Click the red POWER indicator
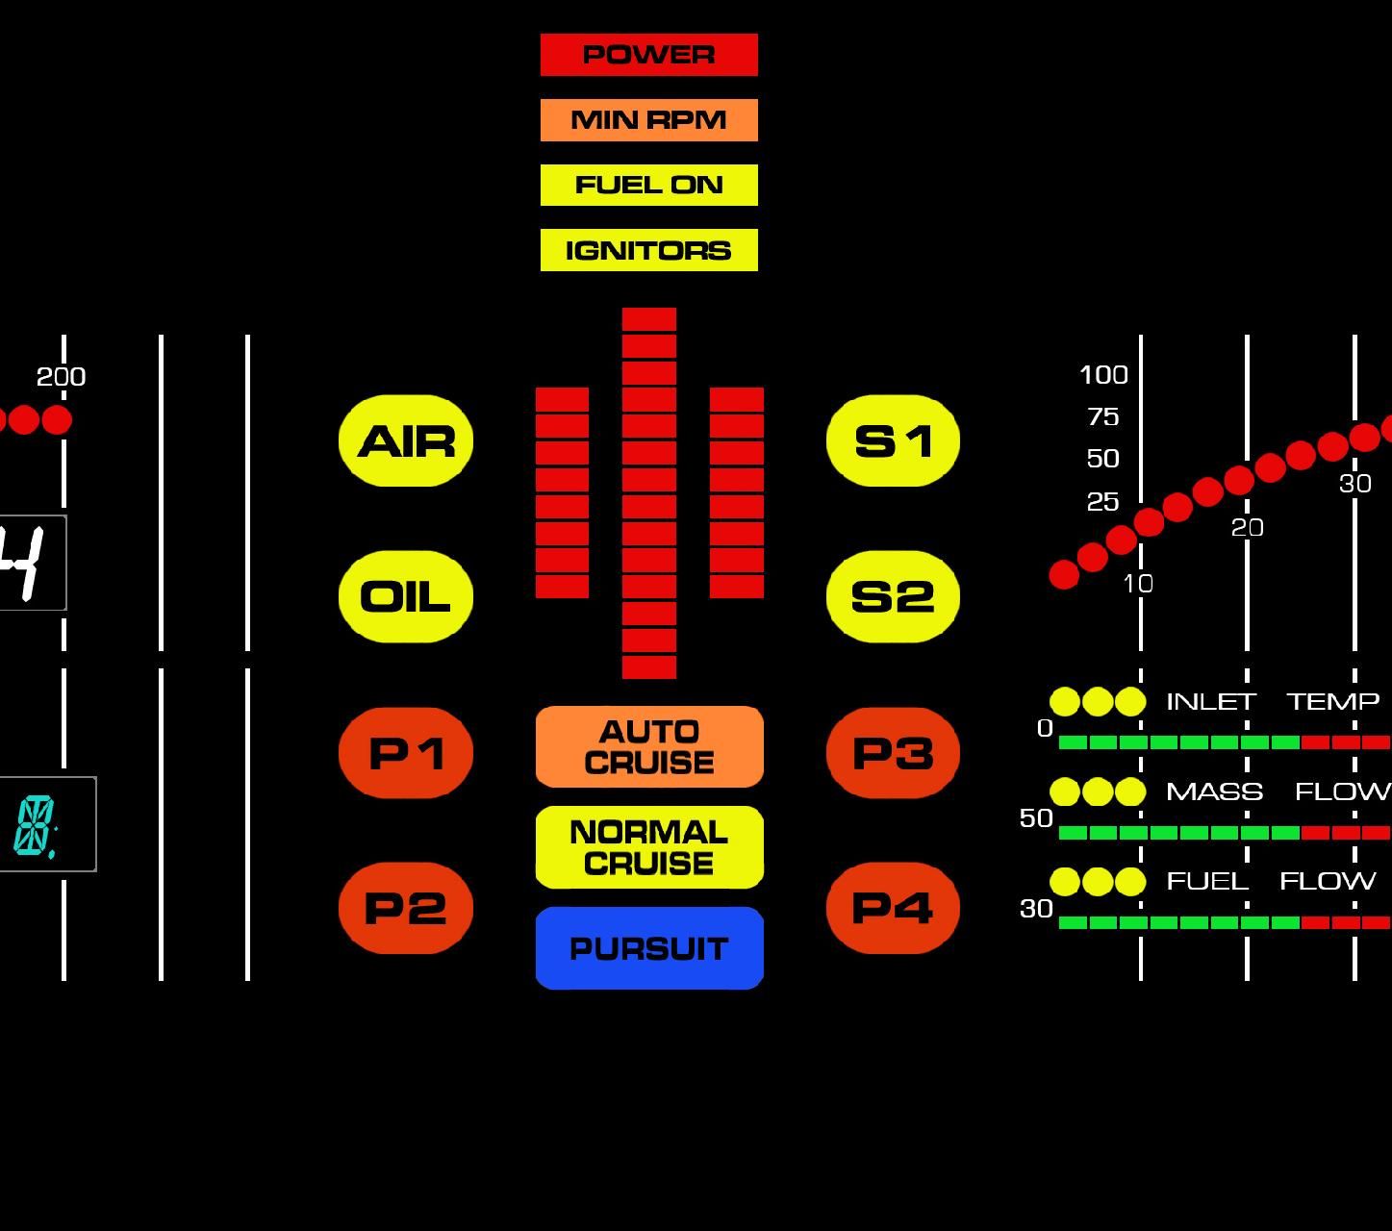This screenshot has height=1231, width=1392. point(648,55)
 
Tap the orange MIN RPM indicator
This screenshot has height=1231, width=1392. point(648,120)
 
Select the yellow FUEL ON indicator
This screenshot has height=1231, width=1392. point(648,185)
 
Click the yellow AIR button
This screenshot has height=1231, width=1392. point(406,441)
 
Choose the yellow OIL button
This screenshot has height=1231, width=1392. point(406,597)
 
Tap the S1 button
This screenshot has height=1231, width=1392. point(893,441)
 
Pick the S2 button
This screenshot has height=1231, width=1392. point(893,597)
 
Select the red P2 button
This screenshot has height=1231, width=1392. point(406,908)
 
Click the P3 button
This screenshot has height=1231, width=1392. point(893,753)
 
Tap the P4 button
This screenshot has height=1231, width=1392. point(893,908)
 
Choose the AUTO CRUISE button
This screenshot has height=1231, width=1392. point(649,747)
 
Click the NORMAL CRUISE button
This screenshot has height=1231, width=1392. point(649,847)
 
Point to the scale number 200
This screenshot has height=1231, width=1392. point(62,377)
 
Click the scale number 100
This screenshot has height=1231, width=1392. point(1103,375)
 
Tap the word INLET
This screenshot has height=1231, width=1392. point(1210,702)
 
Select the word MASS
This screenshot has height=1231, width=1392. point(1214,791)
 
